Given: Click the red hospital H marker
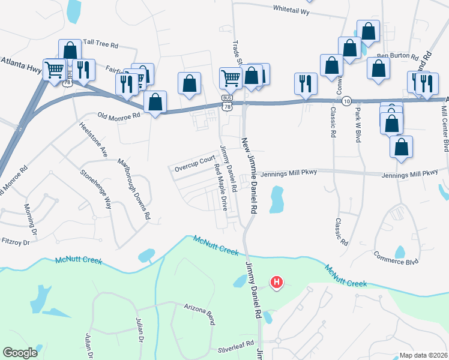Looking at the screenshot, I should (x=276, y=281).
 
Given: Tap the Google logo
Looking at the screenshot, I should (x=20, y=353).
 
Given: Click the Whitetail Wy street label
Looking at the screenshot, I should (x=291, y=11).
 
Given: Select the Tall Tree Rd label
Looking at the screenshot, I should (x=101, y=43).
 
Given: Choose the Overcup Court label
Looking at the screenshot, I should (x=194, y=161).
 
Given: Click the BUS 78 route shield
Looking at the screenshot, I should (x=226, y=102).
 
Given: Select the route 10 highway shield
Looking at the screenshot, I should (x=348, y=102).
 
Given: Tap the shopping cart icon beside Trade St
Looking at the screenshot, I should (x=231, y=79).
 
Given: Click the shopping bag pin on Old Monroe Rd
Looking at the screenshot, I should (x=155, y=103).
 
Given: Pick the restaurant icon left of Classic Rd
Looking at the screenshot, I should (x=306, y=83).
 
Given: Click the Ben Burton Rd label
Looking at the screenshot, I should (x=397, y=57).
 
